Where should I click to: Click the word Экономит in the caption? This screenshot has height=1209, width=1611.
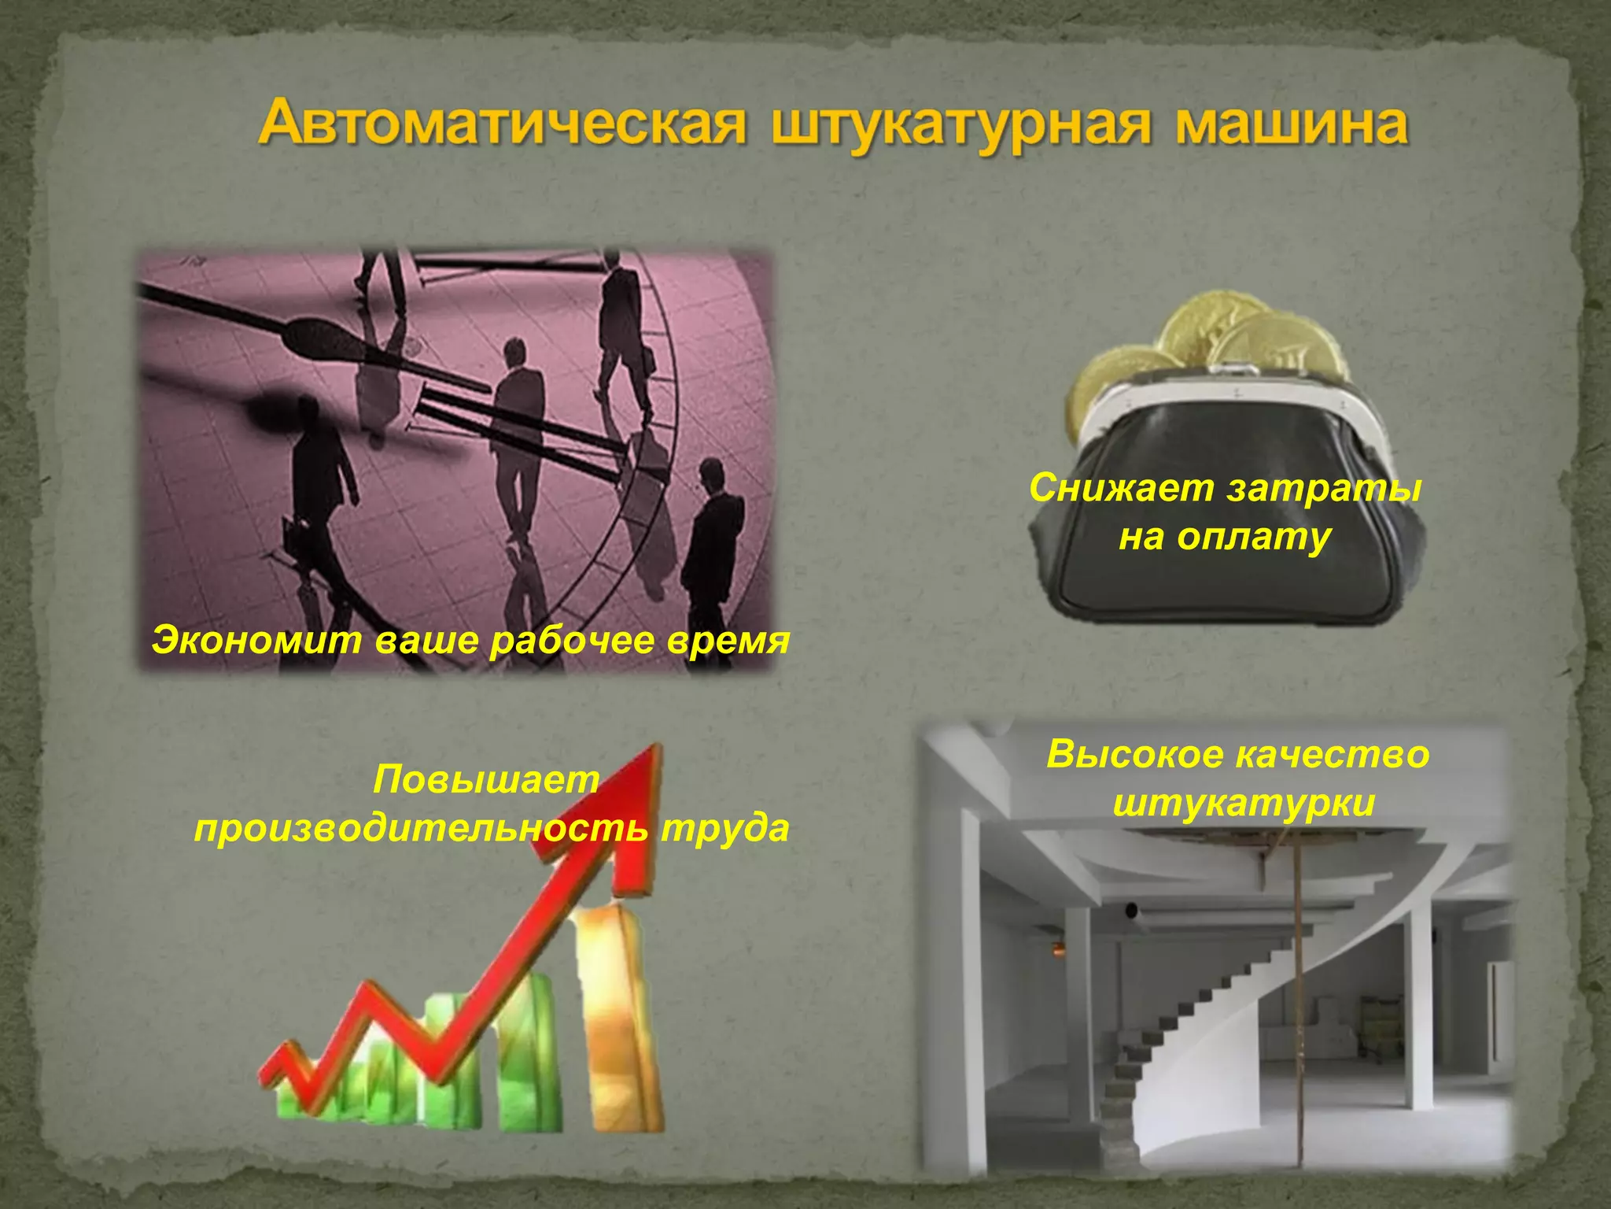click(x=256, y=640)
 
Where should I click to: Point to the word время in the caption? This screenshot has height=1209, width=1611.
click(x=727, y=640)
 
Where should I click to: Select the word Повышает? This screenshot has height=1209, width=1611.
click(x=486, y=780)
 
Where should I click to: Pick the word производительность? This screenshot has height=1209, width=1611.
click(x=422, y=828)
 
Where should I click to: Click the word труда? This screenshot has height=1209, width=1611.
click(x=724, y=828)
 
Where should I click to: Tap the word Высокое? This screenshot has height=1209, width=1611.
click(x=1136, y=754)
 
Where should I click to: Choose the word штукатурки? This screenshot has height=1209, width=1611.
click(x=1244, y=803)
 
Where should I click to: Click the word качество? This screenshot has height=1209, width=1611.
click(x=1333, y=754)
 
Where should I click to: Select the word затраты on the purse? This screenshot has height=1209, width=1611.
click(x=1325, y=488)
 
